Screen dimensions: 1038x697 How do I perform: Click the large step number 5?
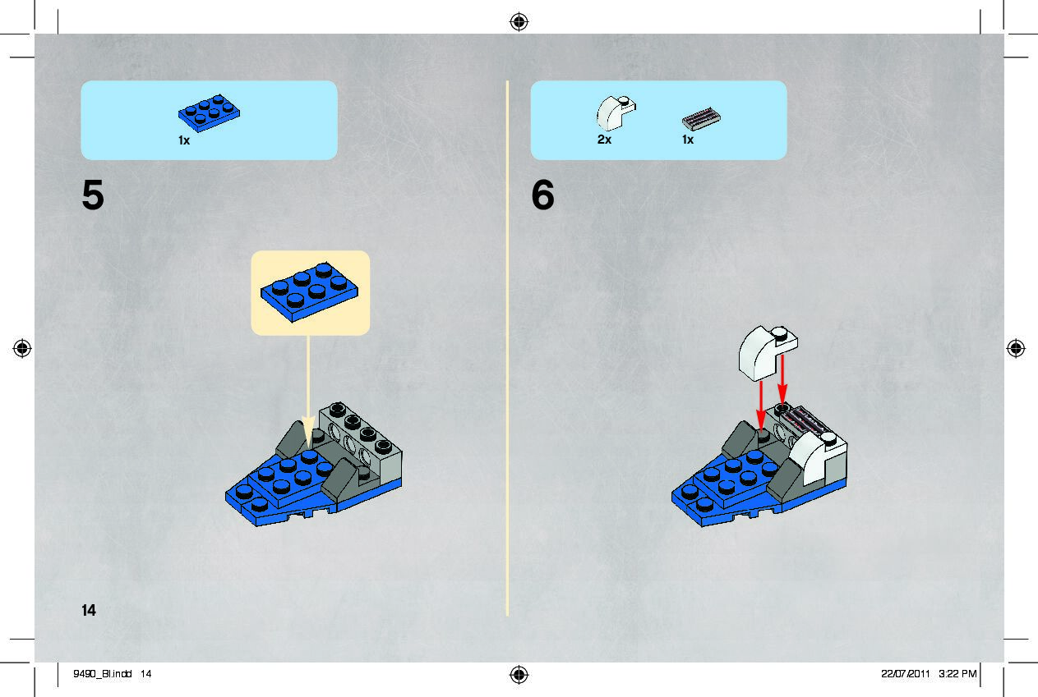click(x=93, y=195)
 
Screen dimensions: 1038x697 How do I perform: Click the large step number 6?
click(x=542, y=195)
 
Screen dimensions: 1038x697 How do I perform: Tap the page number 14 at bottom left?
click(x=89, y=610)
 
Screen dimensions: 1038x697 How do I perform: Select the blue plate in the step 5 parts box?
click(x=209, y=113)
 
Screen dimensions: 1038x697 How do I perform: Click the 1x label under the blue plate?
click(x=184, y=140)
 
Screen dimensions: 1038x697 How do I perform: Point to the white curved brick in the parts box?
click(x=616, y=113)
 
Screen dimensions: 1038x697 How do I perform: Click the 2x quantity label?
click(x=604, y=140)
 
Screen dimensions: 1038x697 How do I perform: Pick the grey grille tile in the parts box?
click(x=701, y=119)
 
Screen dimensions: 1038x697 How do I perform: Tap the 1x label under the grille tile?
click(x=688, y=140)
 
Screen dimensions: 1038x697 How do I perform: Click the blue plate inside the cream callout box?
click(x=309, y=292)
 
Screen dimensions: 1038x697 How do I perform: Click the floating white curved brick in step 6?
click(x=767, y=353)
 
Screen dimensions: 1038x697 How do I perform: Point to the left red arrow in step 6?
click(x=761, y=406)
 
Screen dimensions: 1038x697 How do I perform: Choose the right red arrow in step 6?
click(x=782, y=379)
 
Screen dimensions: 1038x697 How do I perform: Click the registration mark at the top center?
click(x=519, y=21)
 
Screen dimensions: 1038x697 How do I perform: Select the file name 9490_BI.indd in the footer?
click(x=103, y=674)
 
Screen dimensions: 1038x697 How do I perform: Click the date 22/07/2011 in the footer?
click(x=905, y=674)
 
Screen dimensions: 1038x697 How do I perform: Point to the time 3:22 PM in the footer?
click(x=957, y=674)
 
